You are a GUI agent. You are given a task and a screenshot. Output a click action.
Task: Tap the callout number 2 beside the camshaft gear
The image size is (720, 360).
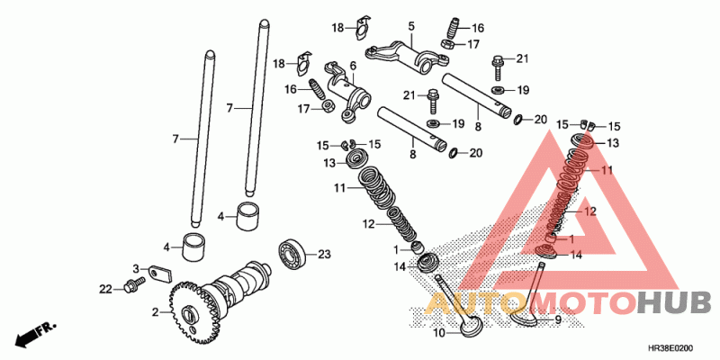tap(155, 312)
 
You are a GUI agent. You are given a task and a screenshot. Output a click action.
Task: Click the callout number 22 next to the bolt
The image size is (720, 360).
tap(105, 289)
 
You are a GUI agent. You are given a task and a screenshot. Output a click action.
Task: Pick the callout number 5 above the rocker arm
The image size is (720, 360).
tap(410, 27)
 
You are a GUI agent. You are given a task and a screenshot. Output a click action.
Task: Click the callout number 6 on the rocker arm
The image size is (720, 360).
tap(354, 66)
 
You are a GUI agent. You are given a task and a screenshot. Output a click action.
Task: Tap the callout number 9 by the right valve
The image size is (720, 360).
tap(557, 319)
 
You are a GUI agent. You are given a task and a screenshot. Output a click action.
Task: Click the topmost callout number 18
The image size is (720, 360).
tap(337, 29)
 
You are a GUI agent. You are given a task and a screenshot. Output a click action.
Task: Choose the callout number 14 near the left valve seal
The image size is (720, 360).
tap(399, 266)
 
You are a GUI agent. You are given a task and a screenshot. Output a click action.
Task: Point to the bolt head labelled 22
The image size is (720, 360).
tap(134, 285)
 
